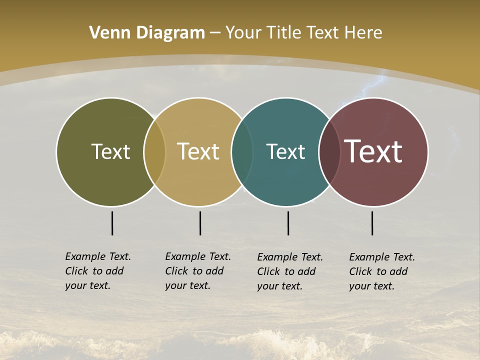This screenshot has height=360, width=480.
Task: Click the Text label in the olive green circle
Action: tap(110, 151)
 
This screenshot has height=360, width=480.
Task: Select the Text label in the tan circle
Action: tap(198, 151)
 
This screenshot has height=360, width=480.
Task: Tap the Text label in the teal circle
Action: tap(285, 151)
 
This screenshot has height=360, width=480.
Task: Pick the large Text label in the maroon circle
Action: tap(373, 151)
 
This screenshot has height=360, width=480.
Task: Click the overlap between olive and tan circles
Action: tap(154, 151)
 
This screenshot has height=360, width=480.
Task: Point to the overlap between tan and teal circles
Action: tap(242, 151)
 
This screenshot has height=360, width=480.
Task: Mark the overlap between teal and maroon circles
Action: tap(329, 151)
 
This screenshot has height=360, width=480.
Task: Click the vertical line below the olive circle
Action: tap(112, 223)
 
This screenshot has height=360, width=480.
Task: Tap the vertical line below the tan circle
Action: tap(200, 223)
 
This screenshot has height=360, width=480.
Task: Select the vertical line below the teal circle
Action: tap(288, 223)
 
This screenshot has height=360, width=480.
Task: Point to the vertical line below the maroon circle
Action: tap(372, 223)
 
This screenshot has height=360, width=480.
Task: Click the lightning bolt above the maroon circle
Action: tap(372, 86)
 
